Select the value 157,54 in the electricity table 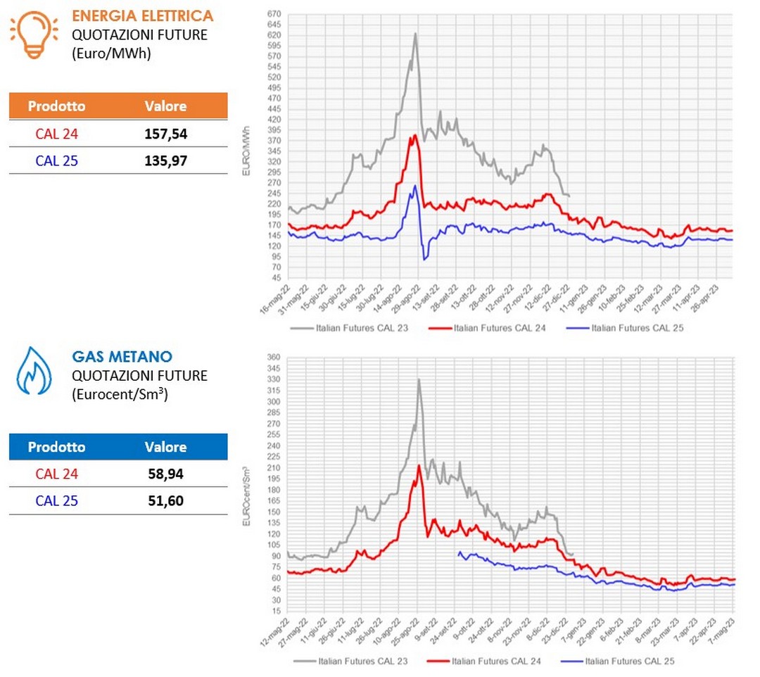pos(165,134)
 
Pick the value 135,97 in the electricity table pos(165,161)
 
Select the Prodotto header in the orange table pos(56,106)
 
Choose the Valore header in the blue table pos(165,447)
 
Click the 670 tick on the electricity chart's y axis pos(274,14)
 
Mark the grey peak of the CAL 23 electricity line pos(415,34)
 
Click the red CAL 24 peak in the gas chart pos(419,465)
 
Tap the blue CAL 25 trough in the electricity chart pos(424,260)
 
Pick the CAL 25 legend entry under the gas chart pos(619,661)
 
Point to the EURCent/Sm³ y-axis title pos(247,485)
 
